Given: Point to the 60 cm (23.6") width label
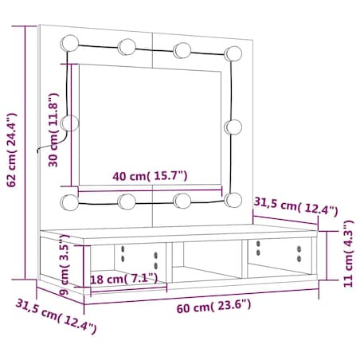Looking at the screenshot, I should (213, 304).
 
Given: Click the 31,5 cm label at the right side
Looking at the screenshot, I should (295, 209).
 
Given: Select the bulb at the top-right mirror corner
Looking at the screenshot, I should (233, 53).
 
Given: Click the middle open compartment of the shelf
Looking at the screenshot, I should (207, 263).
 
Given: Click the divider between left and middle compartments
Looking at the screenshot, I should (170, 264).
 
